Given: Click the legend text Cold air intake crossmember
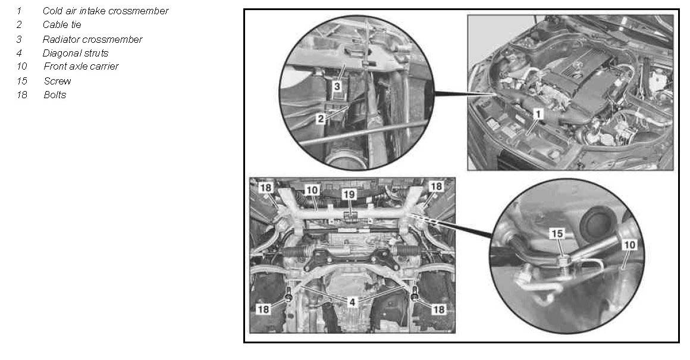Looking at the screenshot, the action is click(105, 11).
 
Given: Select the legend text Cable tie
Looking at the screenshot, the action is click(62, 24).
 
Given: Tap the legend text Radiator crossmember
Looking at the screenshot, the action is click(92, 39).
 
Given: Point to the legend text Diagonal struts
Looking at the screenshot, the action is click(76, 53).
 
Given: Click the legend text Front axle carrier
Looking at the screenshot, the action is click(81, 67).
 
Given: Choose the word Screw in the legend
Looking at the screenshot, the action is click(57, 81).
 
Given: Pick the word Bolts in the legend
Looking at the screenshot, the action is click(55, 95).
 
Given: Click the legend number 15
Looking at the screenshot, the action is click(22, 81).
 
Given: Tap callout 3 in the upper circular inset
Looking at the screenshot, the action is click(337, 86).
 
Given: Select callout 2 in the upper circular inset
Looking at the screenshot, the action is click(321, 118).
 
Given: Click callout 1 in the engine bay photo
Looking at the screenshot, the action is click(538, 114).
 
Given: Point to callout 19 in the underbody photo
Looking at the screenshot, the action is click(349, 194).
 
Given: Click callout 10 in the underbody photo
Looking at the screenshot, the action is click(312, 190).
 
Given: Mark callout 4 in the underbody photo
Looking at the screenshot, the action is click(352, 302).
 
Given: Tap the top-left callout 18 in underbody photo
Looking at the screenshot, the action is click(265, 188).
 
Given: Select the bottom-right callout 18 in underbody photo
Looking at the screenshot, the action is click(439, 309).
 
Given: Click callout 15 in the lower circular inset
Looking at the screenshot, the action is click(557, 233).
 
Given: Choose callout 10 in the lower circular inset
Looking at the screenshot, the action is click(630, 245).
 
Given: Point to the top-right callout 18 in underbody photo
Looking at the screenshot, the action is click(435, 187).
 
